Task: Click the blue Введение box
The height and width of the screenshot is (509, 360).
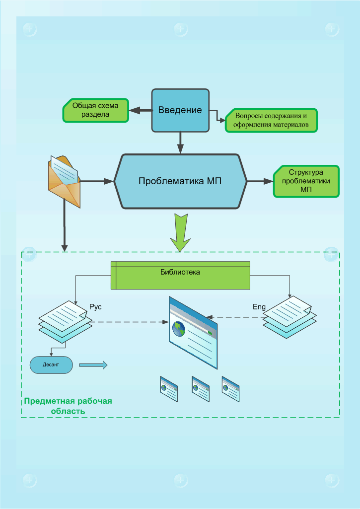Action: tap(180, 110)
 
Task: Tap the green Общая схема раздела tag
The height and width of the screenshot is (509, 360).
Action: tap(95, 110)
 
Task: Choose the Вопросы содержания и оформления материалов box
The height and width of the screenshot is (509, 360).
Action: tap(271, 121)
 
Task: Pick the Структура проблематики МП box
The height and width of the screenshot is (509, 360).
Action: tap(306, 181)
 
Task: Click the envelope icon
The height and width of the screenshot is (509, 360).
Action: tap(64, 181)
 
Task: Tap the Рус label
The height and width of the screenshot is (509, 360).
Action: tap(95, 306)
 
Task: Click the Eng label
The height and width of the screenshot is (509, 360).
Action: tap(259, 307)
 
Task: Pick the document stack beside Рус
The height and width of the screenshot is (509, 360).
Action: tap(65, 322)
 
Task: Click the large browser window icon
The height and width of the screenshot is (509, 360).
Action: tap(193, 332)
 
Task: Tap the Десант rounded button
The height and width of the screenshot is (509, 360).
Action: tap(51, 364)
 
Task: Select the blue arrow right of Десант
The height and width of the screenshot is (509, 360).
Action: tap(93, 365)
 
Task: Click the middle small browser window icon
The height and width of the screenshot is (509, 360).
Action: tap(200, 388)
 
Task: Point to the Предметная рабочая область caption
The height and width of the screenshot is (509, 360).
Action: tap(69, 406)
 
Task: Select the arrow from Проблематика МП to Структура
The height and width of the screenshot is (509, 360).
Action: tap(260, 182)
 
